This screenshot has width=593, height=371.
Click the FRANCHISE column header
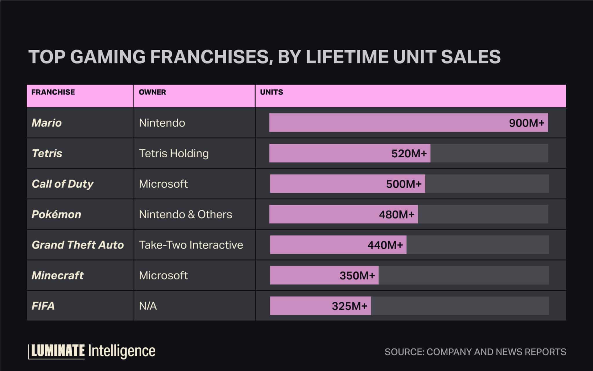pyautogui.click(x=53, y=92)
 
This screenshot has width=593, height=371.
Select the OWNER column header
pyautogui.click(x=152, y=92)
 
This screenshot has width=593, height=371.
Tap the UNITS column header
pyautogui.click(x=271, y=92)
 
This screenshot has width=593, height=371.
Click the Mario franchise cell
pyautogui.click(x=47, y=123)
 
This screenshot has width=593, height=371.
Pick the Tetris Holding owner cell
pyautogui.click(x=174, y=153)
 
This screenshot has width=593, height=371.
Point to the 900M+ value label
pyautogui.click(x=527, y=123)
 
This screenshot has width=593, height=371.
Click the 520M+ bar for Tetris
pyautogui.click(x=349, y=153)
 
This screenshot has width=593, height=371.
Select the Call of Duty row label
pyautogui.click(x=63, y=184)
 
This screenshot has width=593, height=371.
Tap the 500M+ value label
pyautogui.click(x=404, y=184)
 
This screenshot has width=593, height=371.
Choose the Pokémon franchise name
pyautogui.click(x=56, y=214)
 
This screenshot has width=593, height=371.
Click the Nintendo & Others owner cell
pyautogui.click(x=185, y=214)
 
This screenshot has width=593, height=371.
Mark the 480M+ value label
pyautogui.click(x=396, y=214)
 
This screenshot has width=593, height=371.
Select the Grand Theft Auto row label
pyautogui.click(x=78, y=245)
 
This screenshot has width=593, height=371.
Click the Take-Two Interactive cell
pyautogui.click(x=191, y=245)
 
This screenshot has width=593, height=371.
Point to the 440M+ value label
pyautogui.click(x=385, y=245)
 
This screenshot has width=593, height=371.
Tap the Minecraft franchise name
pyautogui.click(x=58, y=275)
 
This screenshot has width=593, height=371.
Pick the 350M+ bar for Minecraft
pyautogui.click(x=324, y=275)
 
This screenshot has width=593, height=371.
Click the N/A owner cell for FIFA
pyautogui.click(x=148, y=306)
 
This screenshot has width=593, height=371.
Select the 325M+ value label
pyautogui.click(x=349, y=306)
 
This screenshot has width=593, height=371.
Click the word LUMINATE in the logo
pyautogui.click(x=58, y=351)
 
